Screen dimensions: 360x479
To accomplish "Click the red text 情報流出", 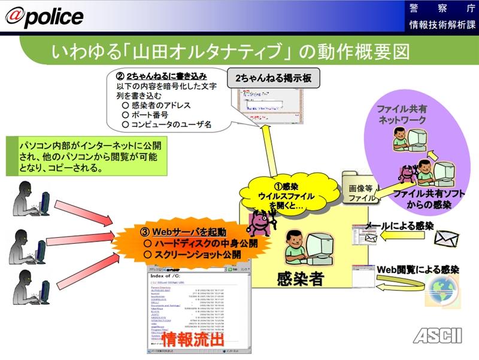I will tap(193, 339).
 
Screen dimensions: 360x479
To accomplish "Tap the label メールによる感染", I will tap(404, 226).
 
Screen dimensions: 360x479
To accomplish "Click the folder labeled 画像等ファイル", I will tap(360, 191).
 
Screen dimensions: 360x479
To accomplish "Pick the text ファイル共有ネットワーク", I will tap(402, 114).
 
